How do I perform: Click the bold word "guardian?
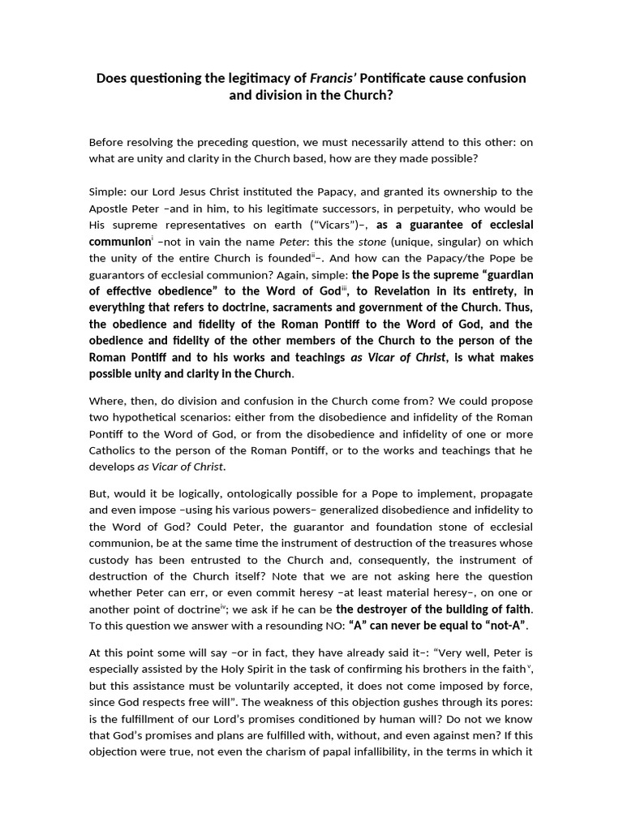coord(502,274)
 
